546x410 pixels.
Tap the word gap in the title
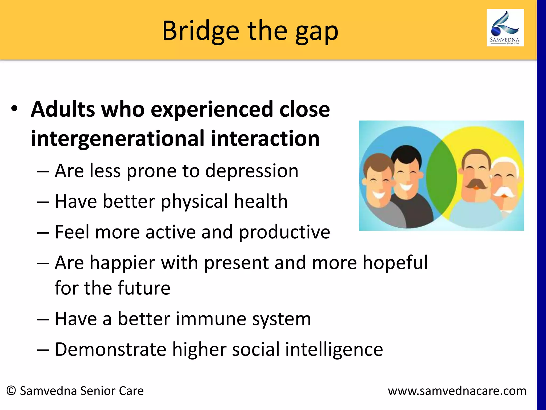[x=317, y=33]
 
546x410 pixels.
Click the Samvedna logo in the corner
[x=505, y=28]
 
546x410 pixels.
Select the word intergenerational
[x=117, y=139]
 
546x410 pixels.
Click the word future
[x=144, y=288]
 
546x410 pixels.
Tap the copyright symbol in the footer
[x=11, y=391]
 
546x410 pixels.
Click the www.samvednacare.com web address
[x=457, y=391]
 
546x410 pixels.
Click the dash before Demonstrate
[x=43, y=350]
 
